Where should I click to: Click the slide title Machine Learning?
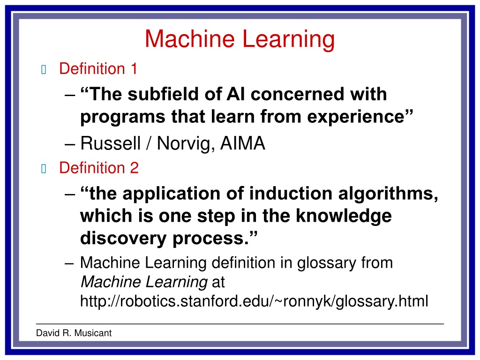[x=240, y=39]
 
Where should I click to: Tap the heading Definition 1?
[x=98, y=68]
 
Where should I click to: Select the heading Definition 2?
[x=99, y=168]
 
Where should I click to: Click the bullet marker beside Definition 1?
[x=44, y=69]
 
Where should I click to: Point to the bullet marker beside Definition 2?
[x=44, y=168]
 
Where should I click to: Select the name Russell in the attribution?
[x=110, y=143]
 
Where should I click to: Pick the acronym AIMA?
[x=242, y=143]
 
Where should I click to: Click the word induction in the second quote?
[x=291, y=194]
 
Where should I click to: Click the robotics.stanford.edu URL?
[x=254, y=301]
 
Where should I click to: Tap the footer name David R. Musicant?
[x=74, y=333]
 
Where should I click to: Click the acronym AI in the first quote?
[x=236, y=94]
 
